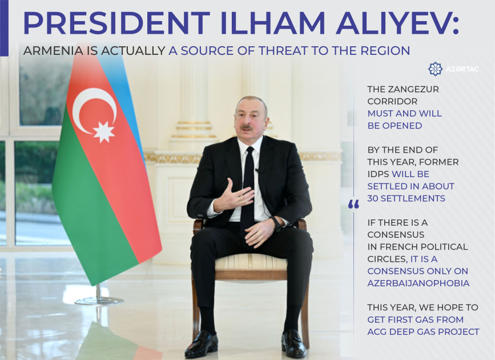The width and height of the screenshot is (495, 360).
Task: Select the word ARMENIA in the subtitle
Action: [53, 51]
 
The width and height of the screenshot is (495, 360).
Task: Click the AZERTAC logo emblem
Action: [435, 69]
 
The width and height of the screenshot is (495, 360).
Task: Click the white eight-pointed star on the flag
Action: [103, 131]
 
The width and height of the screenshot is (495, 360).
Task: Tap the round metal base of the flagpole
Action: [99, 300]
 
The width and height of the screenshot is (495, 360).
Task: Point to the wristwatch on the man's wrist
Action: [277, 223]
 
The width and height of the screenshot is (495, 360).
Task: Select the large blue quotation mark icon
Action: [353, 204]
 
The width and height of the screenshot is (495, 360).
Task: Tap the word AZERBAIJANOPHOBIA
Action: [418, 283]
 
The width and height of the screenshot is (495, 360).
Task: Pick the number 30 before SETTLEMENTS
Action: [375, 198]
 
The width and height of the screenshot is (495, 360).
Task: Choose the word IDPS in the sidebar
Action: [379, 174]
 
